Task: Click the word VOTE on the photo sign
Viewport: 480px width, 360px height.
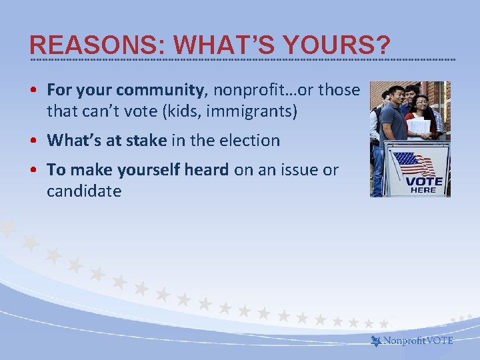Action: point(424,181)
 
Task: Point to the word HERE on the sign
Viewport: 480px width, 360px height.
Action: point(424,190)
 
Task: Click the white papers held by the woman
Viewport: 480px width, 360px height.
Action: point(419,126)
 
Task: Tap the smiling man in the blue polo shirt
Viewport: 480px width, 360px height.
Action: point(395,113)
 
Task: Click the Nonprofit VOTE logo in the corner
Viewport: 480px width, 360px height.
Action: point(412,341)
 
